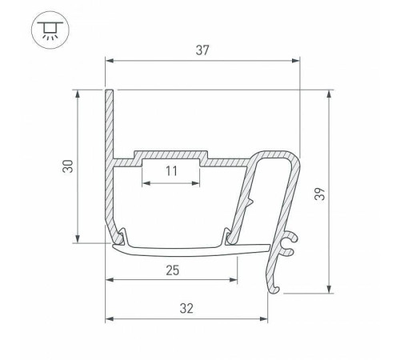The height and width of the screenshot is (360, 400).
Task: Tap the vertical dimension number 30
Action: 68,166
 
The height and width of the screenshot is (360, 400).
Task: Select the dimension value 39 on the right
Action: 341,193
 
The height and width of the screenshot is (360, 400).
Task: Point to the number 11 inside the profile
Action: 172,170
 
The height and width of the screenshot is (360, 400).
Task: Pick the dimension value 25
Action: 172,270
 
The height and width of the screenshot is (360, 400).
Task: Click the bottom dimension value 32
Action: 186,307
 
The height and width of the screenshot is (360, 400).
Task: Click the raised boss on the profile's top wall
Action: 172,153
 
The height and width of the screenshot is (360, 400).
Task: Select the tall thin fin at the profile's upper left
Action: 109,120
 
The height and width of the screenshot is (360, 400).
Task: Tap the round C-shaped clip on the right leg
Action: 292,241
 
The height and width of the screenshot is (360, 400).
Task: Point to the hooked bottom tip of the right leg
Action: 276,286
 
